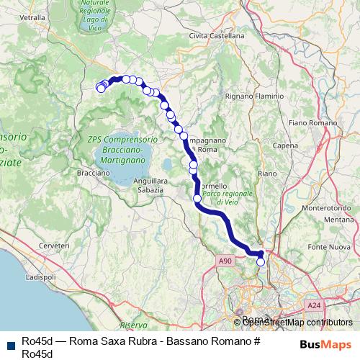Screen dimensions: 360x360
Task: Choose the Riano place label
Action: pyautogui.click(x=266, y=173)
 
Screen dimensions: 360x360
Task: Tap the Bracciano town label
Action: pyautogui.click(x=92, y=173)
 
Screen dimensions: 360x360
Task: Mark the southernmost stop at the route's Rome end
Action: pyautogui.click(x=261, y=262)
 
